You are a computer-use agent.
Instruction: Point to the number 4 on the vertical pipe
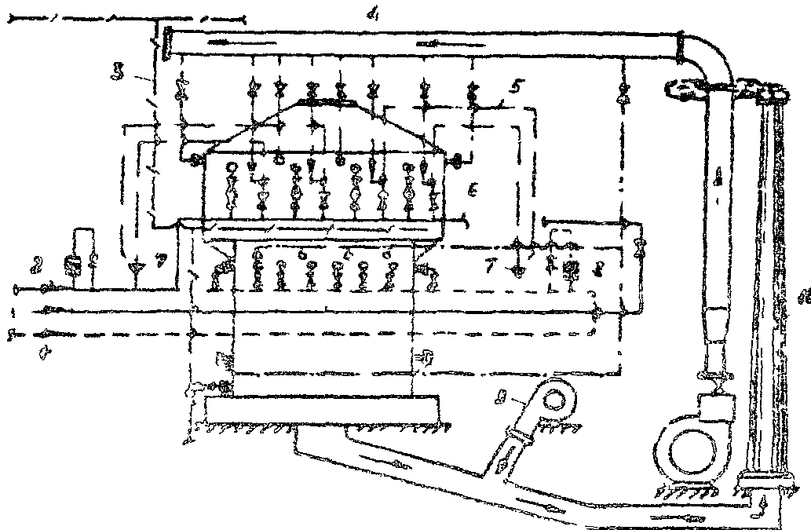(717, 180)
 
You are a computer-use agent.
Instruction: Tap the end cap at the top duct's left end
(167, 41)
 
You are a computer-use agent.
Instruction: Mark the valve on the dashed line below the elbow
(623, 99)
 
